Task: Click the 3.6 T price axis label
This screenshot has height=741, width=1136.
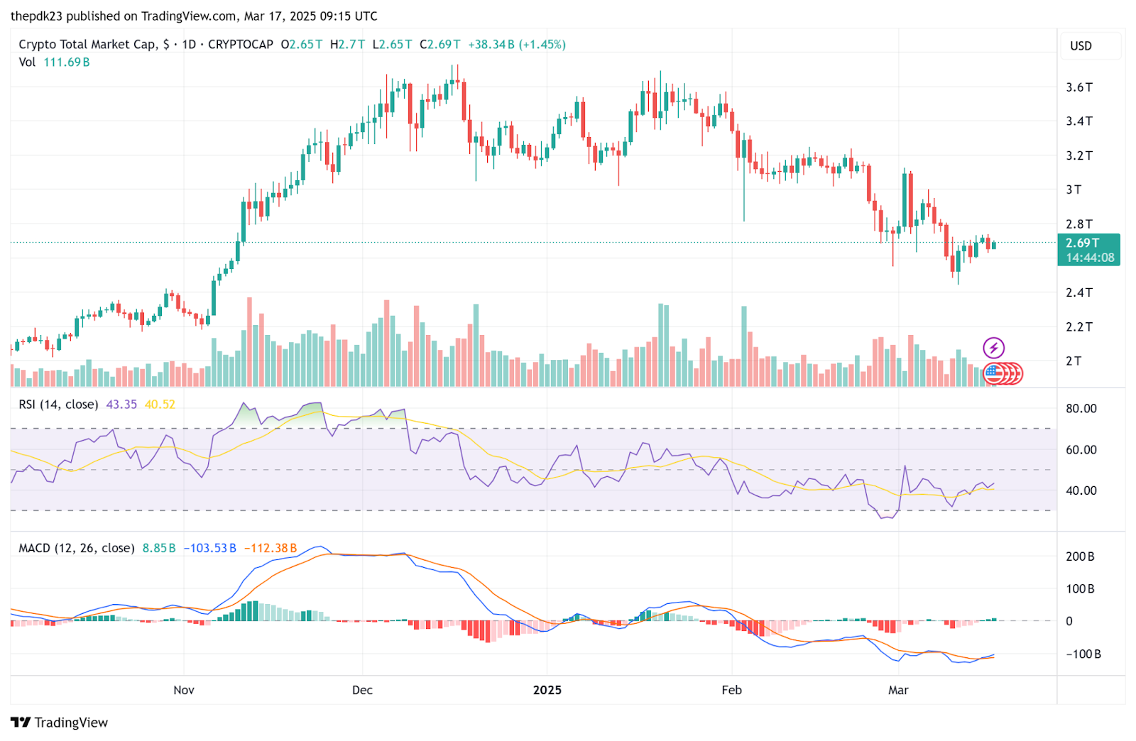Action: click(x=1078, y=87)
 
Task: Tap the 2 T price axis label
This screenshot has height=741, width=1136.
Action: click(x=1073, y=361)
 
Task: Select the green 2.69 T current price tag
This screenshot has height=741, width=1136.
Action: click(x=1088, y=250)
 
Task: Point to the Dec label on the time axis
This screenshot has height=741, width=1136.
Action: click(x=362, y=690)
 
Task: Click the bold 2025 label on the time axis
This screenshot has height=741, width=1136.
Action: click(x=547, y=690)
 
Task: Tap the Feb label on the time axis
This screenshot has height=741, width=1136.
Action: click(x=731, y=690)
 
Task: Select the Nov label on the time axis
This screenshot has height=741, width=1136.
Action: click(x=184, y=690)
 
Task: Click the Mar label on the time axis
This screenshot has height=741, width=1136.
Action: click(x=898, y=690)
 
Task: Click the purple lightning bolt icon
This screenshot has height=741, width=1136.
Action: click(x=993, y=348)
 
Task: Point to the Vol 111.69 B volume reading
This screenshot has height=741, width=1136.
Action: click(x=54, y=62)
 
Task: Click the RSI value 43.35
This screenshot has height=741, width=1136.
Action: click(x=121, y=405)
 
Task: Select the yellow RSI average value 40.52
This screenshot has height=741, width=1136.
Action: click(x=160, y=405)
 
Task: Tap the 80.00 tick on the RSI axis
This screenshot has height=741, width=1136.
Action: click(x=1081, y=409)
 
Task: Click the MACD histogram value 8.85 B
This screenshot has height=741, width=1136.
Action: click(x=159, y=548)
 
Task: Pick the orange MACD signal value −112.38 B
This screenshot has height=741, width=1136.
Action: click(x=271, y=548)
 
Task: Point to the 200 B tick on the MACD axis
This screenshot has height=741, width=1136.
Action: click(x=1080, y=556)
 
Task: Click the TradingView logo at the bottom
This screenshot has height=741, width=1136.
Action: click(x=60, y=723)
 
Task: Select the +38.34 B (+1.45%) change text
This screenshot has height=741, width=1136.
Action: click(x=516, y=44)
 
